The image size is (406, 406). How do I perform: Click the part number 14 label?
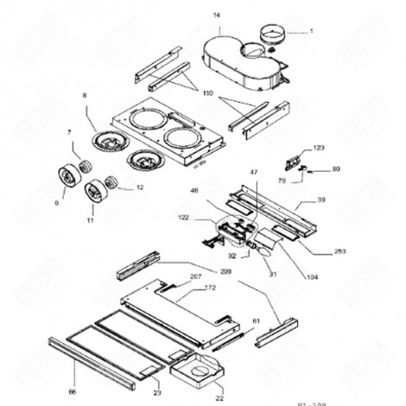[216, 16]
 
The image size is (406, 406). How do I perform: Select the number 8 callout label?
[85, 95]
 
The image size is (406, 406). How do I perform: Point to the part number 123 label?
[319, 149]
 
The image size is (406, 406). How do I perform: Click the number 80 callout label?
[336, 169]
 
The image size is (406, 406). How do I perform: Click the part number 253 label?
[339, 252]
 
